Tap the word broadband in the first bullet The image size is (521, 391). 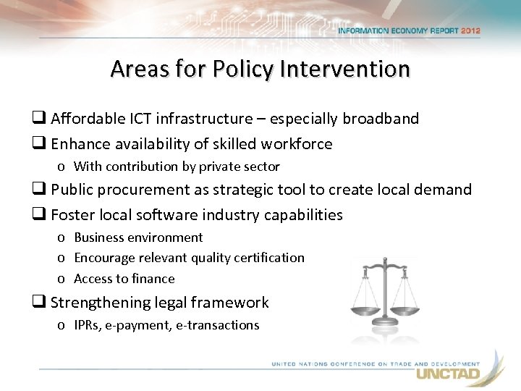point(381,118)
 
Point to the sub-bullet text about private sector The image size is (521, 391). point(177,167)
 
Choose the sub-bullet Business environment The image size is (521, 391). point(138,237)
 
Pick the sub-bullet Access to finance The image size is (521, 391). point(124,279)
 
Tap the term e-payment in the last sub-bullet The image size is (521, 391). point(134,325)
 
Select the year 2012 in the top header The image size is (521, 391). point(467,31)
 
